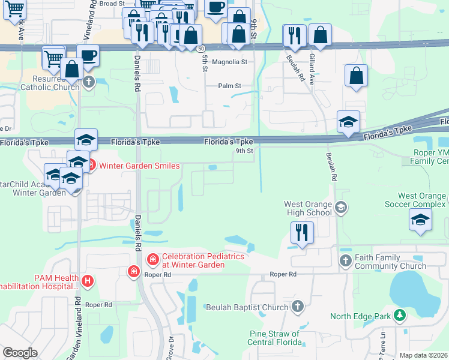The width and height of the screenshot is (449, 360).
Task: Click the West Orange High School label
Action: click(x=307, y=208)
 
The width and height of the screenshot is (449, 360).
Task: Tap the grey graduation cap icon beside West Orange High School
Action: click(x=341, y=208)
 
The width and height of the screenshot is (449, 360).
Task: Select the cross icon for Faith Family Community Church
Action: click(x=345, y=260)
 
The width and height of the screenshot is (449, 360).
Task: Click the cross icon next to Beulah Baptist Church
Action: click(x=297, y=307)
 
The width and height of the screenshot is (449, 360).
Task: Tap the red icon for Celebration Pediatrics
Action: click(x=152, y=259)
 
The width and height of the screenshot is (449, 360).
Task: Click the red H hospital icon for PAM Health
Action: click(x=88, y=280)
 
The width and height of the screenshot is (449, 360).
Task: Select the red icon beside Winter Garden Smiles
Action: click(x=91, y=166)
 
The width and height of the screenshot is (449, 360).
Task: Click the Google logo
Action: click(x=20, y=353)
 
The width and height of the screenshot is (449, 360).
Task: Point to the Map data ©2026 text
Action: click(x=423, y=355)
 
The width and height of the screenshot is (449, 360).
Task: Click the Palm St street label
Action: click(x=229, y=86)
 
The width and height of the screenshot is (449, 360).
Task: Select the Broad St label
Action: click(x=112, y=4)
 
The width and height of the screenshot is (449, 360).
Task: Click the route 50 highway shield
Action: click(x=201, y=47)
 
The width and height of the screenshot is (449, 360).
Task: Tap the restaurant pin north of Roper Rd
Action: click(x=301, y=232)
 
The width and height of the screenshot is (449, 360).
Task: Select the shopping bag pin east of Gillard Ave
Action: click(x=357, y=76)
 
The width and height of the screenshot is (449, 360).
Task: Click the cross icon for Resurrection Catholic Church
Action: click(x=89, y=82)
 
